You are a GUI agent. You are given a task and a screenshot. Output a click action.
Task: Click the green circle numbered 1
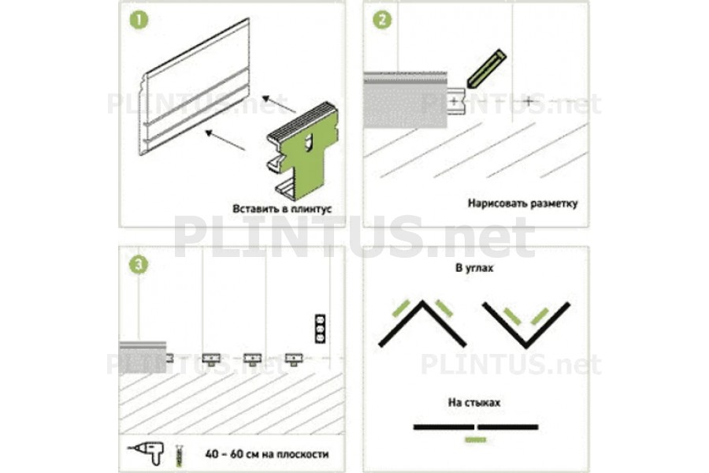[139, 20]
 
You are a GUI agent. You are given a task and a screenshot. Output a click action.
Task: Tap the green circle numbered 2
[382, 20]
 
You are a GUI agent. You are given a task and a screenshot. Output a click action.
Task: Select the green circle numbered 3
[139, 265]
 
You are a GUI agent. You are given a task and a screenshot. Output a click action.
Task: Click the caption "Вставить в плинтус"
[282, 209]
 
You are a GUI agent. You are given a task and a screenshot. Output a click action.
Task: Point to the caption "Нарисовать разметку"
[523, 203]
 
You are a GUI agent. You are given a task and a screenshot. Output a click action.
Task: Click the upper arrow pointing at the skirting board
[279, 104]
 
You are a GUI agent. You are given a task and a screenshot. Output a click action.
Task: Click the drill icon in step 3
[146, 453]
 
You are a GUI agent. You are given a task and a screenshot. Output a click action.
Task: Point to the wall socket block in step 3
[320, 328]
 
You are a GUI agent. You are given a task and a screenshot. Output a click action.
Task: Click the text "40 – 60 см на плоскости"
[267, 454]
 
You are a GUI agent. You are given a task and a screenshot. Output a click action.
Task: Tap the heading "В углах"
[474, 268]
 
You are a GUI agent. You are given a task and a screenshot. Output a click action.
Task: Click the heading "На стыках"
[474, 402]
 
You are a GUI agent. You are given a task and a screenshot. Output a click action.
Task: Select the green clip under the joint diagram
[476, 440]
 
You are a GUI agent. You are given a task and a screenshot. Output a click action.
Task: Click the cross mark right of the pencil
[529, 102]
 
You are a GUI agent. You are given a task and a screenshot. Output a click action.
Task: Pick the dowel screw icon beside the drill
[180, 455]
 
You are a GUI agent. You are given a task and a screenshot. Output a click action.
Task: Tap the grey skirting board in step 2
[406, 99]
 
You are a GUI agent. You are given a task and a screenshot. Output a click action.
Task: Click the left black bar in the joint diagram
[444, 426]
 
